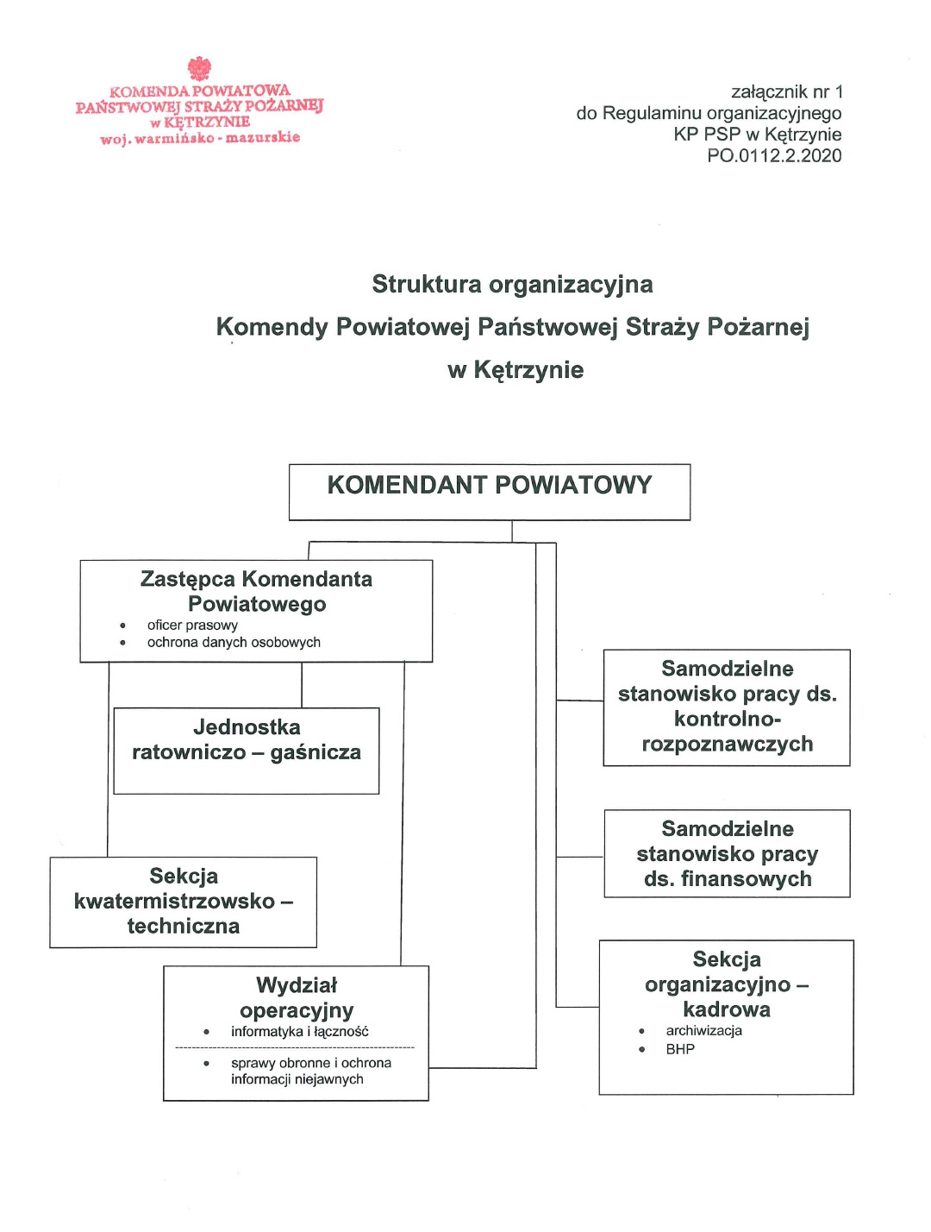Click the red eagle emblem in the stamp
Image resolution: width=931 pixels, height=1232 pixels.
click(199, 68)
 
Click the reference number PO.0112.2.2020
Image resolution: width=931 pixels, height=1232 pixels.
click(773, 156)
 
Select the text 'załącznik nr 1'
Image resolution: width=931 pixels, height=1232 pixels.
click(786, 92)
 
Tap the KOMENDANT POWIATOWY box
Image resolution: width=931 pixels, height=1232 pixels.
click(489, 492)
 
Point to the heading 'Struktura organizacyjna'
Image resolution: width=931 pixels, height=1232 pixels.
click(512, 284)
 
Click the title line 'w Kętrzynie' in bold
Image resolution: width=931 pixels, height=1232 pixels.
click(515, 370)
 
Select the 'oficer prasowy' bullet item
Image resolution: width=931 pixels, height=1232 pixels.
click(192, 625)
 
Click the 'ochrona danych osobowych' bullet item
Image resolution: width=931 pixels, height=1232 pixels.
click(234, 643)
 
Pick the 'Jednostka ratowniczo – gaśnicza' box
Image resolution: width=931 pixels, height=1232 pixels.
click(247, 750)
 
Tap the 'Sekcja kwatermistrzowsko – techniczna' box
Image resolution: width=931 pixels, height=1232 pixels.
click(183, 902)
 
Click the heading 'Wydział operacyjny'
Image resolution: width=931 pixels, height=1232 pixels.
click(297, 997)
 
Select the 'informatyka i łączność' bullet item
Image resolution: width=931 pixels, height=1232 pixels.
click(299, 1032)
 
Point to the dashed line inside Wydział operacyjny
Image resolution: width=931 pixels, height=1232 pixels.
click(295, 1047)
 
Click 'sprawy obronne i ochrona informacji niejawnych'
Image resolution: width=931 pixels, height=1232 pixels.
click(310, 1072)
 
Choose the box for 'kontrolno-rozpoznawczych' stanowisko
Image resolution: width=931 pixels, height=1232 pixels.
click(727, 707)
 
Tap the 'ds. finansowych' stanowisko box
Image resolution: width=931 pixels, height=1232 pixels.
click(727, 853)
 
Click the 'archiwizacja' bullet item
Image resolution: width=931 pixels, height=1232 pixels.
click(703, 1031)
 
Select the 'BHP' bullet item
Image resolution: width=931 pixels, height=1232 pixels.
click(680, 1050)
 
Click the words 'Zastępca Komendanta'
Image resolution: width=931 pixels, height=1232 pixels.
click(256, 579)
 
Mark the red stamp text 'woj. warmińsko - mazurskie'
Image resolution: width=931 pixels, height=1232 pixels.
click(200, 138)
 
